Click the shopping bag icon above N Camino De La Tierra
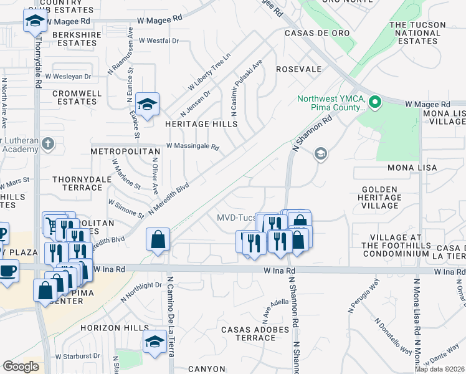158,239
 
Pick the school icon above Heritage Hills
147,104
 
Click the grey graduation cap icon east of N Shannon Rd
320,153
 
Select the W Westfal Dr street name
159,41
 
